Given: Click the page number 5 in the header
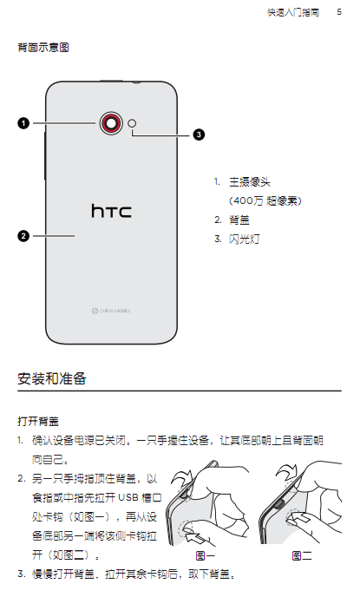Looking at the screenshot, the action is [339, 12].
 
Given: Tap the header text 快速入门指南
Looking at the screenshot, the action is [293, 12].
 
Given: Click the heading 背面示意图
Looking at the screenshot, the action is [43, 48].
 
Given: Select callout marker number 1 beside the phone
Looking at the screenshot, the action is [23, 123].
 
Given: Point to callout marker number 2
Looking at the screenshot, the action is [23, 236].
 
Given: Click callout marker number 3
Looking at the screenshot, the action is [199, 134].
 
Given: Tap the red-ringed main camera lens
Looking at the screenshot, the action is [111, 123].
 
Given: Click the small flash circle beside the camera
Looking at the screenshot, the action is [132, 123].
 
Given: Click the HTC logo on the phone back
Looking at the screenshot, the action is [111, 211].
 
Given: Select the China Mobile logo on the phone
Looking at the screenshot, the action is [111, 311].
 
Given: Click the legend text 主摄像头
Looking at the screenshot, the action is [250, 182].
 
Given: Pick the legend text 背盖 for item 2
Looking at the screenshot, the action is [239, 220].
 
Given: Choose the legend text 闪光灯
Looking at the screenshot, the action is [245, 239].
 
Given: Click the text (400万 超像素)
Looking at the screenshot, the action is [265, 200].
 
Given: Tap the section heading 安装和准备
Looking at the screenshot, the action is [52, 378].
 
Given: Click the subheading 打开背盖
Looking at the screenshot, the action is [38, 422].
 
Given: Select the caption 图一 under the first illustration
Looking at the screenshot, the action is [206, 556].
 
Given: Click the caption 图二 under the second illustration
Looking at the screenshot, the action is [302, 556].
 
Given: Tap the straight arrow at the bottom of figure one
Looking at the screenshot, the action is [200, 539].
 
